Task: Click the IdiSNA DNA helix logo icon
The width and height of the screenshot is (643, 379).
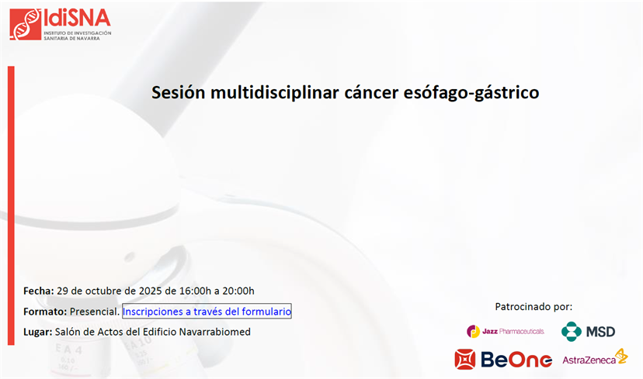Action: point(26,24)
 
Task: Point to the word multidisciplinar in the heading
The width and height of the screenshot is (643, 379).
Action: point(275,93)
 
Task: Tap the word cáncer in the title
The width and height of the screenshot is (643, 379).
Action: point(371,92)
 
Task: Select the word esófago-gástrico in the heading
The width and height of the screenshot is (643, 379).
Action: point(471,93)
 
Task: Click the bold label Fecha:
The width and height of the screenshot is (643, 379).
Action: point(39,291)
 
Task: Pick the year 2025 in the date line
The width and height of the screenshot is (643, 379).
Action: point(151,291)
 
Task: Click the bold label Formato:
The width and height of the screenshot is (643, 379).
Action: point(45,312)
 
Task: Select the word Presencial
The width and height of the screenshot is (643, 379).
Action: point(94,312)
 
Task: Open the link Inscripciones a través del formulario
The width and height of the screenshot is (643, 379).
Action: point(207,312)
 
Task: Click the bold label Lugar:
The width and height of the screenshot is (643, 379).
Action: point(38,332)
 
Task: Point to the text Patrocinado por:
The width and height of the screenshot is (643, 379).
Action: point(534,307)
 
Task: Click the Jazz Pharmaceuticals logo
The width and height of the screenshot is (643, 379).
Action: point(506,331)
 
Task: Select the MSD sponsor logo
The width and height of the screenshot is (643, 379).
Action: point(588,331)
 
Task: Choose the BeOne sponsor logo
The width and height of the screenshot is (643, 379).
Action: point(503,360)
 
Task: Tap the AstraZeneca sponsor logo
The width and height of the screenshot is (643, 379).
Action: point(595,357)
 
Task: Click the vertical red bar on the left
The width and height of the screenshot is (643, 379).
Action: point(11,205)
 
